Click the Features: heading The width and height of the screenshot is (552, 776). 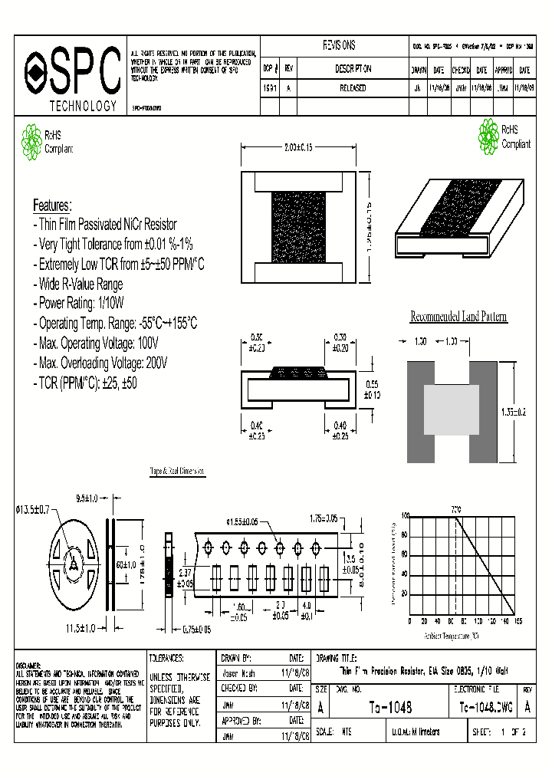pos(52,206)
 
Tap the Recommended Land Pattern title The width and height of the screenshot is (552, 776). pos(458,317)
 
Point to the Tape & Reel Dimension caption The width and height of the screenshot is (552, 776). pos(177,473)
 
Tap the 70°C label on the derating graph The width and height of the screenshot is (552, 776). pos(456,509)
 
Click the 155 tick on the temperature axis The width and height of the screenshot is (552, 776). pos(517,621)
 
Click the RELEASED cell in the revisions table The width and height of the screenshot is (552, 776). pos(353,88)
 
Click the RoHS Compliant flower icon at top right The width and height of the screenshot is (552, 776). pos(488,136)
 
